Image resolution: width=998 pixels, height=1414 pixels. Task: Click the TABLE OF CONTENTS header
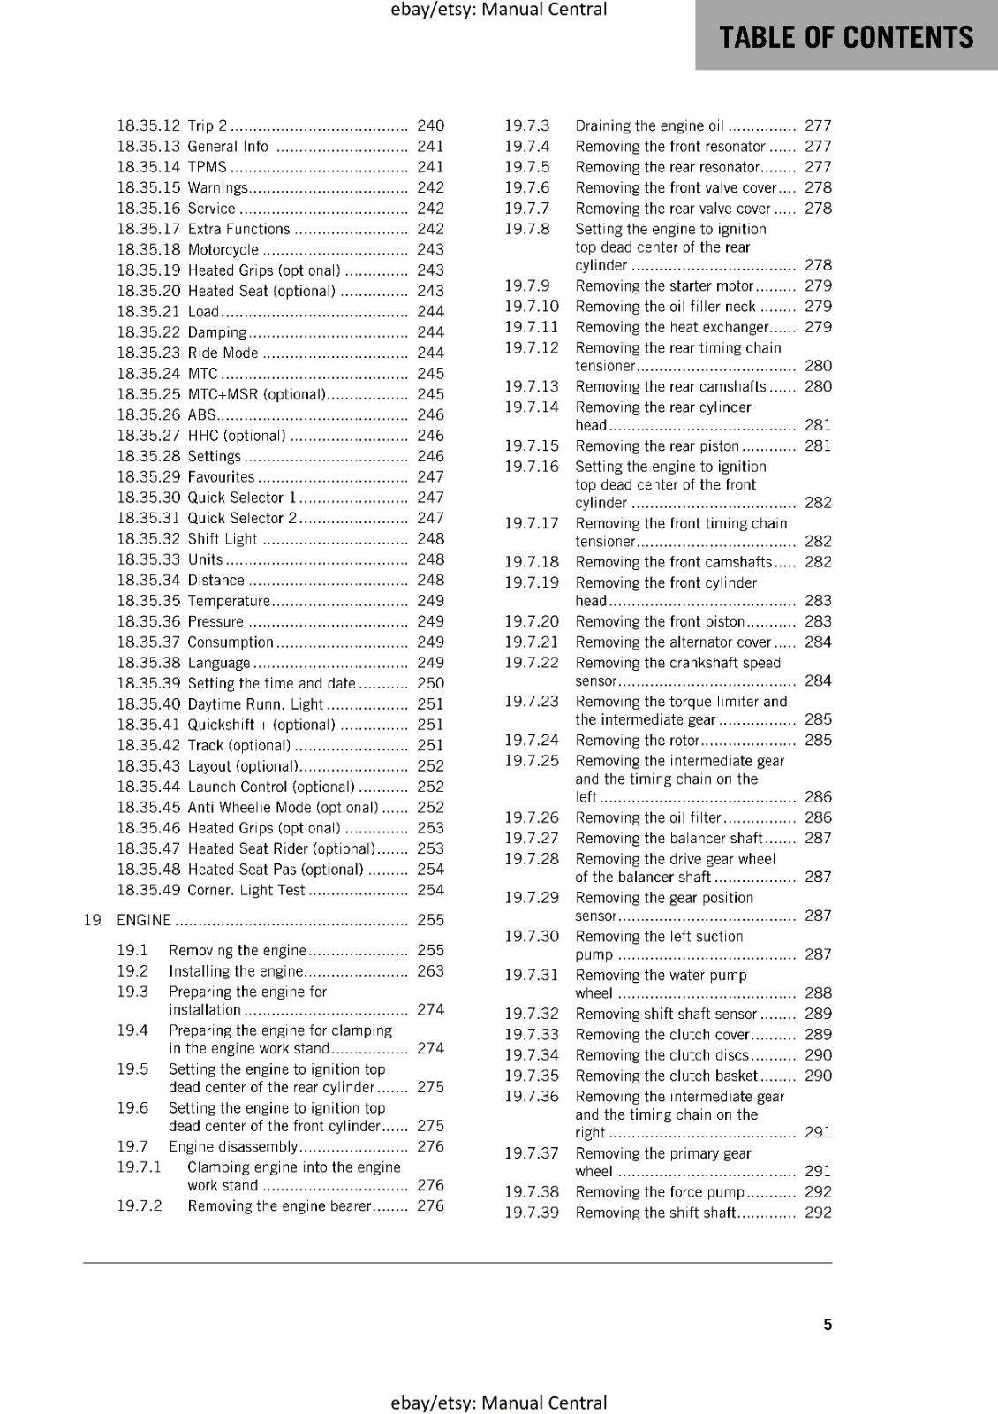(x=846, y=37)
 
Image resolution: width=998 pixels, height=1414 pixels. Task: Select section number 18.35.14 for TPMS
(x=148, y=167)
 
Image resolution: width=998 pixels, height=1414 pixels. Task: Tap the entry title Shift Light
(x=223, y=539)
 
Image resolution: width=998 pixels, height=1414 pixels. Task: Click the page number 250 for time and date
(x=430, y=683)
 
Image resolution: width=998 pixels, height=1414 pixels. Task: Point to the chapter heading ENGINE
(x=144, y=920)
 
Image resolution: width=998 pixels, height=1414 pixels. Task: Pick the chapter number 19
(x=92, y=920)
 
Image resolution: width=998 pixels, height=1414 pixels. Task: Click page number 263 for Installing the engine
(x=430, y=970)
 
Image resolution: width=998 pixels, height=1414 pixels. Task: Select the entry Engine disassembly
(x=233, y=1146)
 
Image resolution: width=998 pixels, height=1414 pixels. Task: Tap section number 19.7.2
(x=140, y=1205)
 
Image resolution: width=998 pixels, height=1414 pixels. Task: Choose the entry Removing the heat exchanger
(x=672, y=327)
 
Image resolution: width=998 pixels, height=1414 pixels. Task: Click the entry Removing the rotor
(x=637, y=741)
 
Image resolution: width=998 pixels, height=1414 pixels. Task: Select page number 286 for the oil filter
(x=818, y=817)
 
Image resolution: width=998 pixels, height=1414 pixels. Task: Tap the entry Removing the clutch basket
(x=667, y=1076)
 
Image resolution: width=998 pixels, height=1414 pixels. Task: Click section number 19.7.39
(x=532, y=1213)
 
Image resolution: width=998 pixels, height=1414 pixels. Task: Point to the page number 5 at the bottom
(x=828, y=1324)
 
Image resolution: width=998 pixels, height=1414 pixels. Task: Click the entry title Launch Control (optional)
(x=271, y=787)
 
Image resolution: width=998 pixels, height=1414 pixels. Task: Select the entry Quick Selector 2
(x=242, y=518)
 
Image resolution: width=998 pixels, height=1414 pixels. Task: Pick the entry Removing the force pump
(x=660, y=1191)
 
